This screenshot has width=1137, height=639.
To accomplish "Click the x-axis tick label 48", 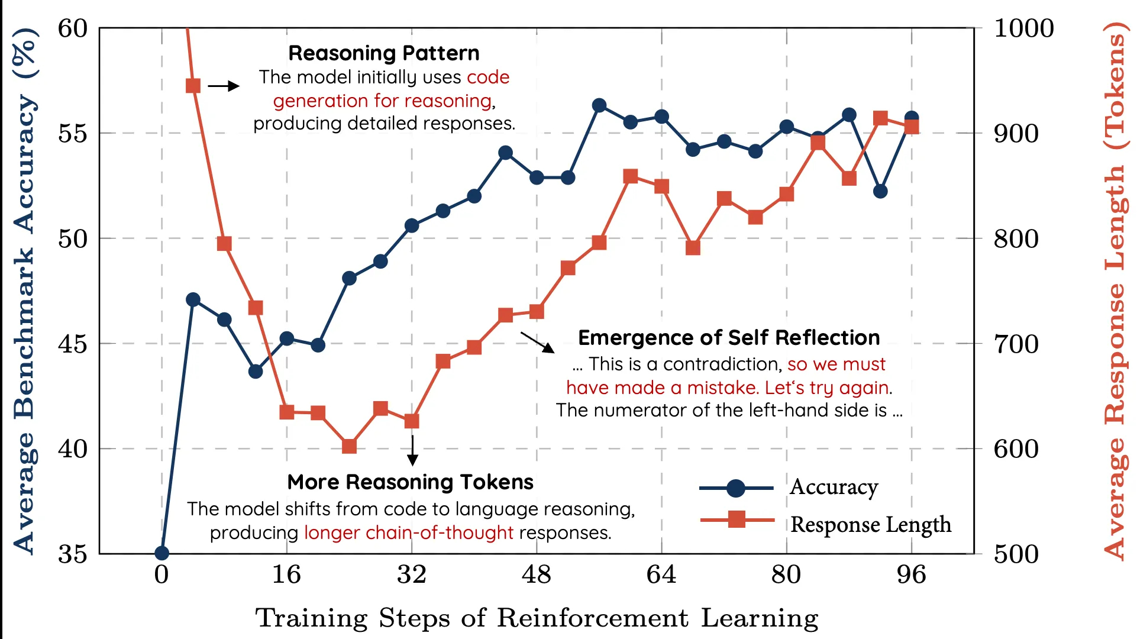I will coord(537,575).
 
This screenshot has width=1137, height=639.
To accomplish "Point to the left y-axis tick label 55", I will coord(72,134).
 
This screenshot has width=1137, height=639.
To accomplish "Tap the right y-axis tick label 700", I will coord(1016,344).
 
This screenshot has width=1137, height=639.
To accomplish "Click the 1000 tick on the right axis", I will coord(1023,28).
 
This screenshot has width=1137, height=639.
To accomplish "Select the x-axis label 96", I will coord(911,575).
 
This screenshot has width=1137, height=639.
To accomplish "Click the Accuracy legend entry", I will coord(834,488).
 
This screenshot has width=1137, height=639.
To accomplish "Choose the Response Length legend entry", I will coord(870,524).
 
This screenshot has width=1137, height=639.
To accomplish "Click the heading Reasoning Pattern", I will coord(383,53).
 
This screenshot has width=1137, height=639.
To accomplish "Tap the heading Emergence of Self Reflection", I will coord(729,338).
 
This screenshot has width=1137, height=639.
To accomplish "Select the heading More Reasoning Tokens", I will coord(410,482).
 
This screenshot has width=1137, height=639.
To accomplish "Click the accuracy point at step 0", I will coord(162,553).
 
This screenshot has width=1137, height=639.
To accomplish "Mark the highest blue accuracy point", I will coord(599,105).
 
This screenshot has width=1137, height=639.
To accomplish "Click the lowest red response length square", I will coord(350,446).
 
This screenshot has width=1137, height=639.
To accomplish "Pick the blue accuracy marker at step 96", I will coord(912,118).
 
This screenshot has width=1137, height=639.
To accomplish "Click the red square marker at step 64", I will coord(662,187).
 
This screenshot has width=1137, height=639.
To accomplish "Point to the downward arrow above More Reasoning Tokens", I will coord(413,450).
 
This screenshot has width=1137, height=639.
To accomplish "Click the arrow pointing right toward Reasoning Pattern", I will coord(224,86).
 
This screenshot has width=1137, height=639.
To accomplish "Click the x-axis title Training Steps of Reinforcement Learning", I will coord(537,618).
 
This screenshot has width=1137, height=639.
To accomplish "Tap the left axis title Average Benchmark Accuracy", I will coord(25,290).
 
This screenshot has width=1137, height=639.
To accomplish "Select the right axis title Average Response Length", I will coord(1116,290).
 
